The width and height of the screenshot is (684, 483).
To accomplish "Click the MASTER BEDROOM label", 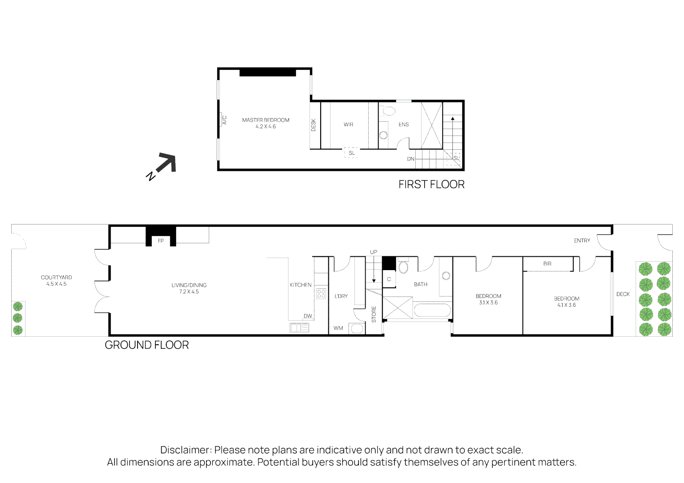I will click(266, 120).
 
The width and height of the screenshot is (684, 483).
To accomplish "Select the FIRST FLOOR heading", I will click(431, 184).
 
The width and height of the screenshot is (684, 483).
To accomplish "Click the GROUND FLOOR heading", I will click(146, 345).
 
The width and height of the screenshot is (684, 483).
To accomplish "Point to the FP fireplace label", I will click(161, 241).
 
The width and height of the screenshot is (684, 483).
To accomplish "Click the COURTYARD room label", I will click(56, 277).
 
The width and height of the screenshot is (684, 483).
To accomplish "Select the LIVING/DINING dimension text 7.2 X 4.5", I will click(189, 292).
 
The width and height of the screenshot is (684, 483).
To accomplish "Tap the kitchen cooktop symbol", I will click(321, 294).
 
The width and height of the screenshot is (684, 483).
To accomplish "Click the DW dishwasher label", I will click(308, 316).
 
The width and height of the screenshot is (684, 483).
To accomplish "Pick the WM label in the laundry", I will click(338, 328).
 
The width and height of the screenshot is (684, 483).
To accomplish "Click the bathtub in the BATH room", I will click(433, 310).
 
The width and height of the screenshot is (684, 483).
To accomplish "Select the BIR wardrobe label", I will click(547, 264).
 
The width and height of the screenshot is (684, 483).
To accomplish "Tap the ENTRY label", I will click(582, 241).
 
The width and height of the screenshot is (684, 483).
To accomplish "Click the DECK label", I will click(623, 294).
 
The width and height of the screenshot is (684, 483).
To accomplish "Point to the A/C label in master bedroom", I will click(225, 120).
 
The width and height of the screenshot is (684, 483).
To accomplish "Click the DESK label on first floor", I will click(314, 125).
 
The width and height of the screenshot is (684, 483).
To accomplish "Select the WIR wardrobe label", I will click(348, 125).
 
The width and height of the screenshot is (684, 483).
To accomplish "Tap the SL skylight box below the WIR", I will click(352, 153).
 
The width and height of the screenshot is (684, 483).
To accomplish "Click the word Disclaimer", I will click(185, 450).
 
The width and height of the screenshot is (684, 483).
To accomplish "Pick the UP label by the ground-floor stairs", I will click(374, 252).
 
